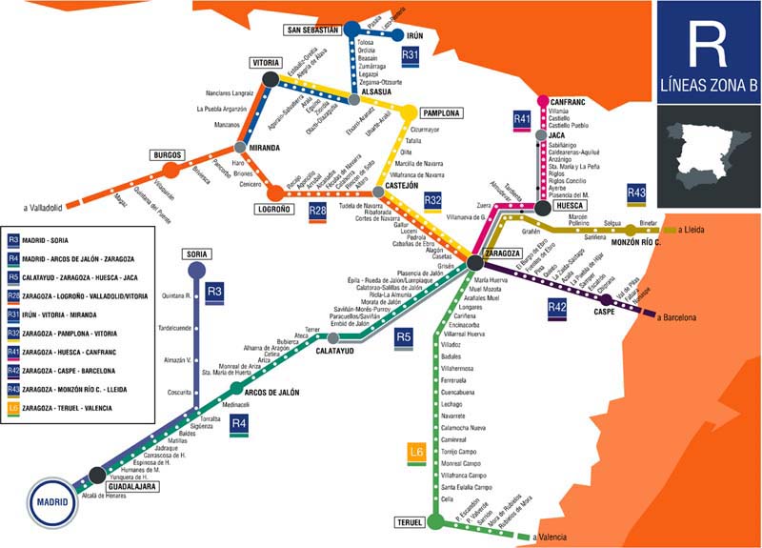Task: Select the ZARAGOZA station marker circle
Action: (x=475, y=262)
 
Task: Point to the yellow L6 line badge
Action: (x=415, y=452)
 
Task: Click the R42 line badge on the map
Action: (x=557, y=307)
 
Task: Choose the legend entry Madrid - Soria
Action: (x=67, y=240)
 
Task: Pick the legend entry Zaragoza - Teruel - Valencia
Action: (x=76, y=408)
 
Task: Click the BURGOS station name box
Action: (x=166, y=154)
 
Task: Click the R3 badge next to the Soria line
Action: (x=214, y=291)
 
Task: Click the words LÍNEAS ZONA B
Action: (x=707, y=92)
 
